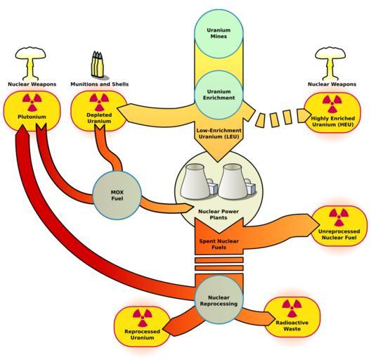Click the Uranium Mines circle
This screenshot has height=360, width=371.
tap(219, 34)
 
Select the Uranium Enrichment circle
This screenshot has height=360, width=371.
tap(219, 94)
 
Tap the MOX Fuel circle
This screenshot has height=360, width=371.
tap(117, 195)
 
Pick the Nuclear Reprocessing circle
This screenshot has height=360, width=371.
tap(219, 300)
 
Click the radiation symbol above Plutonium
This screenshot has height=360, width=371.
tap(32, 103)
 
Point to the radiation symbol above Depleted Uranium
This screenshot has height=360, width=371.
tap(99, 102)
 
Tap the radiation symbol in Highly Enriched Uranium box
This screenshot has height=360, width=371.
tap(332, 104)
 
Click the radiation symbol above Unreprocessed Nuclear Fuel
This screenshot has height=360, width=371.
tap(339, 217)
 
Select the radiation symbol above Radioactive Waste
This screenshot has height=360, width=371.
tap(292, 309)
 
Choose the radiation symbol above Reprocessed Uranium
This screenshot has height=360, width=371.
tap(142, 318)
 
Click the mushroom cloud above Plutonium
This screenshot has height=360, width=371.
tap(30, 63)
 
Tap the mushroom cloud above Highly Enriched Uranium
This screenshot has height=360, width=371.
tap(331, 63)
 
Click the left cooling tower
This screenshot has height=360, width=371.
tap(195, 181)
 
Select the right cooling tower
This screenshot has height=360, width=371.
tap(233, 181)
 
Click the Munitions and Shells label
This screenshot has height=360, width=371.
tap(100, 84)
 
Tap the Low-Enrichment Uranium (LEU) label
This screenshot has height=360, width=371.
tap(219, 134)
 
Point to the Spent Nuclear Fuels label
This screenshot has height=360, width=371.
tap(219, 244)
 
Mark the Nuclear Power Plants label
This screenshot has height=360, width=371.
tap(219, 214)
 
